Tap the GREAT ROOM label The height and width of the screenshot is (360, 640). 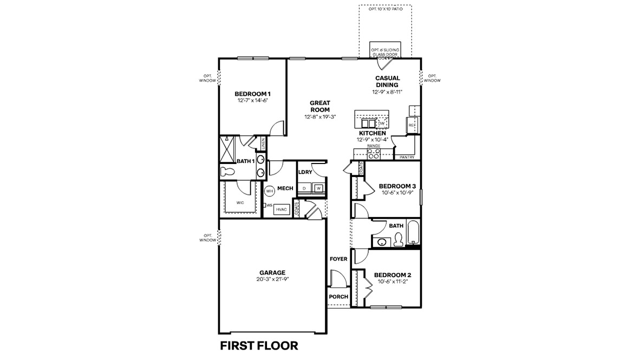pos(320,106)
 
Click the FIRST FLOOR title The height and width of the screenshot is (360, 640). pos(259,345)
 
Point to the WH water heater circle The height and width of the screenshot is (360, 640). pos(269,191)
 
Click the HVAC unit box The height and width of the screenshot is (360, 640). pos(282,208)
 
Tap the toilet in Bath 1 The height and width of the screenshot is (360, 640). pos(228,172)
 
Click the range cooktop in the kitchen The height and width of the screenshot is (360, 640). pos(374,154)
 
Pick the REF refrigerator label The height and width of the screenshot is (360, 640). pos(412,125)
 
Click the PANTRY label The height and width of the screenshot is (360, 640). pos(407,157)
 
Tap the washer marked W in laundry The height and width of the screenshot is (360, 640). pos(319,188)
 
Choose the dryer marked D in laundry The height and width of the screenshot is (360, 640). pos(305,188)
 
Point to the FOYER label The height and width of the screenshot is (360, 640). pos(338,259)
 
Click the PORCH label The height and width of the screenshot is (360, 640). pos(338,297)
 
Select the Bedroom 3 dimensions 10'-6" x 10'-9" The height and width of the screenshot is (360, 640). pos(393,192)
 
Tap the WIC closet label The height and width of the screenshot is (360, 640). pos(240,202)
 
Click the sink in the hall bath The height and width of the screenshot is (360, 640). pos(382,242)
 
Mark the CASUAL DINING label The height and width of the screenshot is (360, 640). pos(388,81)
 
